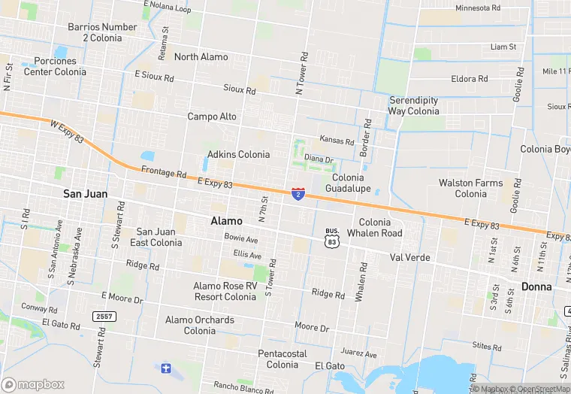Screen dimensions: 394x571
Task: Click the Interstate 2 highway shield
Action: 298,194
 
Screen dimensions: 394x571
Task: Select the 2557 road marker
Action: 104,317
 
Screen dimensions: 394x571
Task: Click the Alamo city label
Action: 226,221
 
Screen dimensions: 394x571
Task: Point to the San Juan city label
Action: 85,194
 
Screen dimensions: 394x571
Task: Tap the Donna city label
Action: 537,286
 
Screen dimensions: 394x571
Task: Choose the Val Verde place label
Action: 409,257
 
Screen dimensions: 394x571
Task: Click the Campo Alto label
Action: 212,117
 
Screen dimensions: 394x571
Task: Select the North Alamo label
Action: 201,57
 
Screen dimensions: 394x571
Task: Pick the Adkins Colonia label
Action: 238,155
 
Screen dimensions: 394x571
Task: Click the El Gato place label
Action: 330,365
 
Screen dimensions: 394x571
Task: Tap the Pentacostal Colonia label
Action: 282,359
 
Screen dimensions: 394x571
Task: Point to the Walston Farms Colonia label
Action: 471,188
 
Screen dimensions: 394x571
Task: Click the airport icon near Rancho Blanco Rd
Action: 166,368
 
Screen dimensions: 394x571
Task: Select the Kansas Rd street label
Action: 337,141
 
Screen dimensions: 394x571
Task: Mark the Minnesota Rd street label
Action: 478,8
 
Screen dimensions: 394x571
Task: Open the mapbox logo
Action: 33,384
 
